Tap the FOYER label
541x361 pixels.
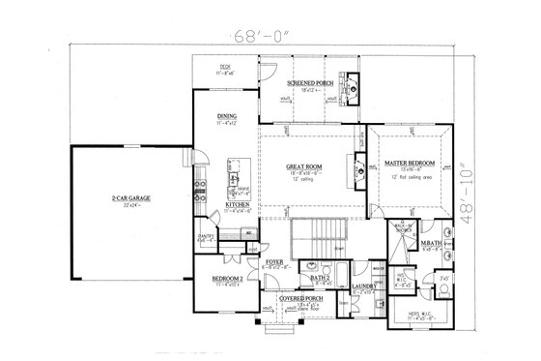[x=274, y=261]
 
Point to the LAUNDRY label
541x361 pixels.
[x=364, y=286]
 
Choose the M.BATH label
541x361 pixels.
[x=432, y=243]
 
